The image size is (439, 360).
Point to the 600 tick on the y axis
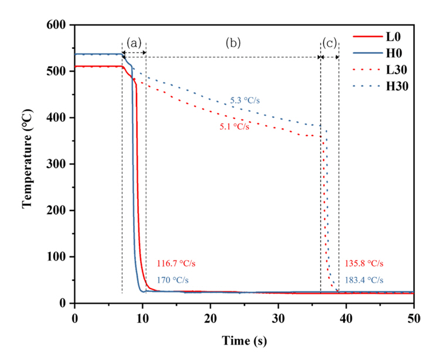[59, 26]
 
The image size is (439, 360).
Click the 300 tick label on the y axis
[59, 165]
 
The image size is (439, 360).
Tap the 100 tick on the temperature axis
[59, 257]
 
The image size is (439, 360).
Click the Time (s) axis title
[244, 341]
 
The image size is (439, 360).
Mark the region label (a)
[134, 43]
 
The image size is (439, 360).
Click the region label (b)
[233, 43]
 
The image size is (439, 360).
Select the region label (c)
[329, 43]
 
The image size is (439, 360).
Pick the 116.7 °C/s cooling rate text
[176, 264]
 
